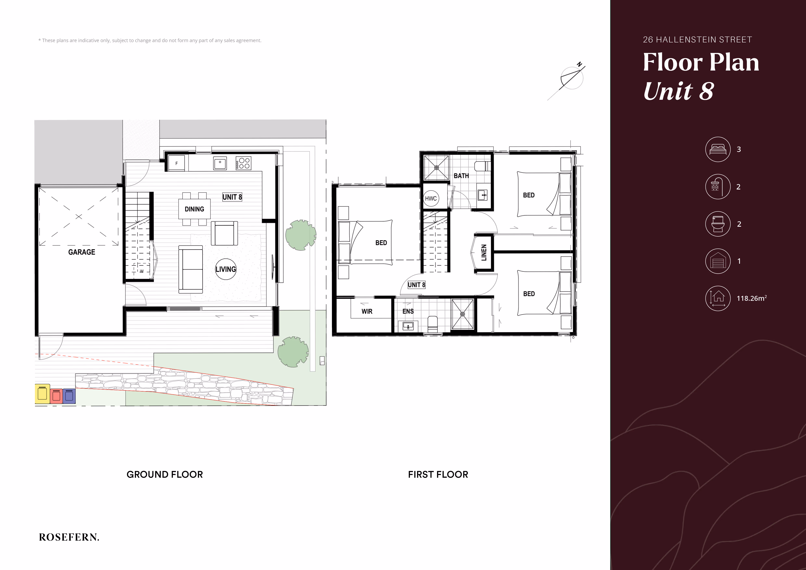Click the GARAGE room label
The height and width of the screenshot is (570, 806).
pyautogui.click(x=82, y=252)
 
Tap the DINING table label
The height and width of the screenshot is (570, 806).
pyautogui.click(x=194, y=209)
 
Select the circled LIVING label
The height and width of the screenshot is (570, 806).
pyautogui.click(x=226, y=269)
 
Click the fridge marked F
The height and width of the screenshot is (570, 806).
pyautogui.click(x=177, y=163)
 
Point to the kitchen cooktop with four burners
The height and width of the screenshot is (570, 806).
pyautogui.click(x=243, y=163)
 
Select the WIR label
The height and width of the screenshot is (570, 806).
pyautogui.click(x=367, y=311)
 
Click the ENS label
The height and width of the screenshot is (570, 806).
pyautogui.click(x=408, y=311)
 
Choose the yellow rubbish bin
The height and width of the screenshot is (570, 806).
pyautogui.click(x=42, y=394)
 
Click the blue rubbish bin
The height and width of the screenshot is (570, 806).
pyautogui.click(x=69, y=396)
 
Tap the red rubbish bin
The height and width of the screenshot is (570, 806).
pyautogui.click(x=56, y=396)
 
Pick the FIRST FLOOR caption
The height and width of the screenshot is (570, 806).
pyautogui.click(x=438, y=474)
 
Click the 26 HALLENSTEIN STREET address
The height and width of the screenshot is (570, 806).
pyautogui.click(x=697, y=40)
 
